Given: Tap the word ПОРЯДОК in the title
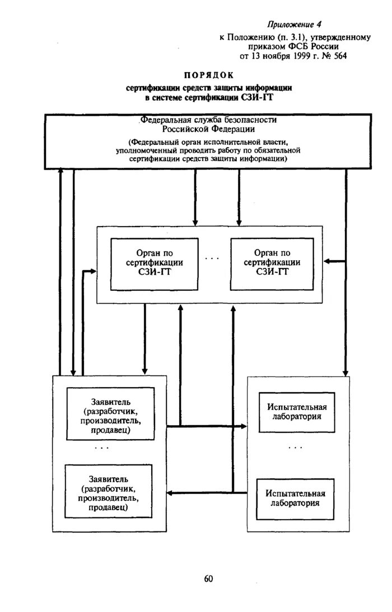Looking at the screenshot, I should coord(208,75).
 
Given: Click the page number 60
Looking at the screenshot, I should coord(208,578).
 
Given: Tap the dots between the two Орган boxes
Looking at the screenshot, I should coord(212,258).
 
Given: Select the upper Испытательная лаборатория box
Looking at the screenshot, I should coord(296,412).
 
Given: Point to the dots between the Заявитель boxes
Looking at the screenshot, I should coord(102,448).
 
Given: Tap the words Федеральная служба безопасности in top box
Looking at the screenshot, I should coord(209,120).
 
